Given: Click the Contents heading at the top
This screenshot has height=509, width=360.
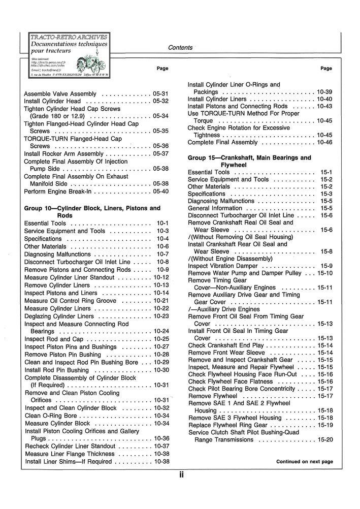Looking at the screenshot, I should [180, 48].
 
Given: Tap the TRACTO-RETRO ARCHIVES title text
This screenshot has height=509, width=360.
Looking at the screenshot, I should [69, 37].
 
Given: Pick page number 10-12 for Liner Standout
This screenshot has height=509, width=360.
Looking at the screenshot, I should [161, 278].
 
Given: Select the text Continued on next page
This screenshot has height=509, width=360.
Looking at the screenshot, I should [304, 462].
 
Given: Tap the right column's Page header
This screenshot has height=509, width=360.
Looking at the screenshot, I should [326, 68].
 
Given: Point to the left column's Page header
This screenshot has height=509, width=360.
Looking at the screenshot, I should [162, 68].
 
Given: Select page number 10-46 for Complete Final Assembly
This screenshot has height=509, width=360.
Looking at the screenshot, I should [325, 142].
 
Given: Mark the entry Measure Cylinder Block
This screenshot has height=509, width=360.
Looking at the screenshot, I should [57, 423].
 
